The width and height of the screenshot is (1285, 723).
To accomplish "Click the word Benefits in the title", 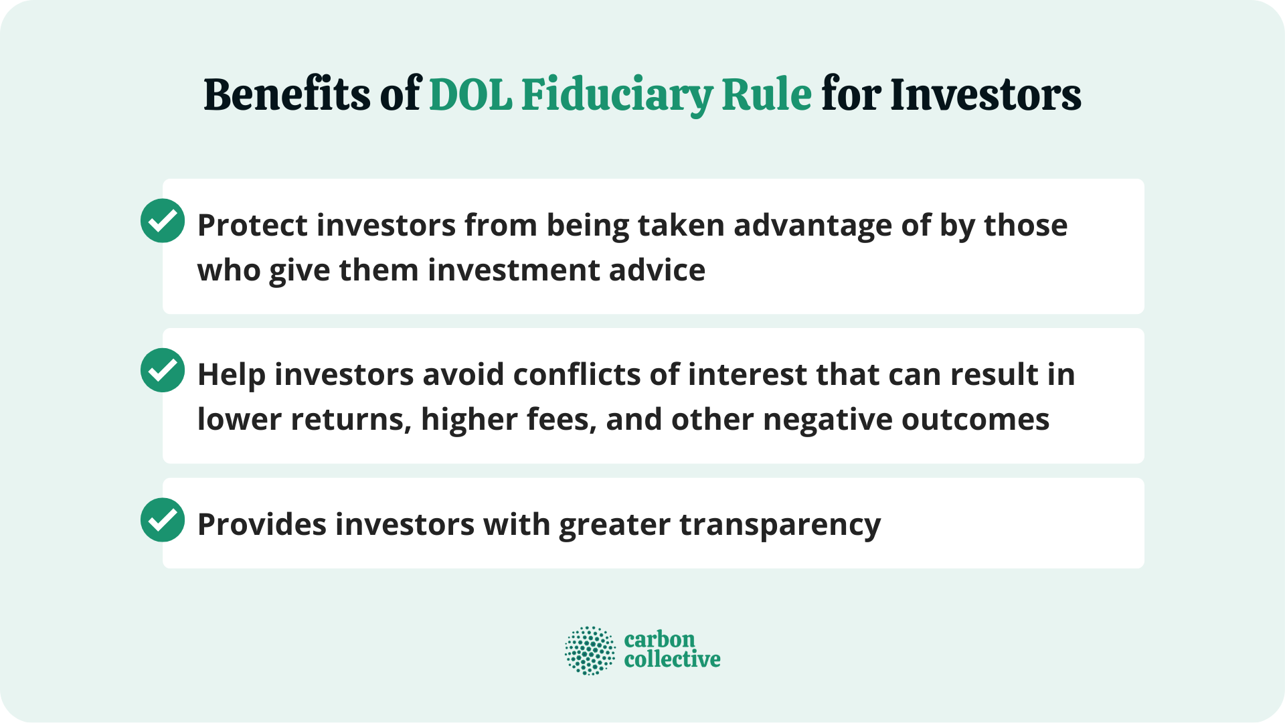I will (286, 94).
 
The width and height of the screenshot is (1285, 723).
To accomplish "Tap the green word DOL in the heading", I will (470, 94).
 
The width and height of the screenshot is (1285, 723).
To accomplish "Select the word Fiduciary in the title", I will (616, 94).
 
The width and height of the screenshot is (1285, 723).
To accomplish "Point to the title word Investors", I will (985, 94).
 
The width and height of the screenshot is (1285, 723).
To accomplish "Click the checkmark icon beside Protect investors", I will (163, 221).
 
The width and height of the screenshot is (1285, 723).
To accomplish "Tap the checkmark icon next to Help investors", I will (163, 370).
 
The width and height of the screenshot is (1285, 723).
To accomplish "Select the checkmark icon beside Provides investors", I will (163, 520).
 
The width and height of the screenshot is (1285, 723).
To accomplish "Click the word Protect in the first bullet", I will (252, 226).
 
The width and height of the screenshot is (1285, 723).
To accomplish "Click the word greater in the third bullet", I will (614, 525).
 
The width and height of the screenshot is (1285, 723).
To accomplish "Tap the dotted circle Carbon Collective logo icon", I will (590, 650).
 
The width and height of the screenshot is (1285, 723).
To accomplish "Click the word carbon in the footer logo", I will (659, 639).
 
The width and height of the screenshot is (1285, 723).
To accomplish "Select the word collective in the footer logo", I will (672, 660).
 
